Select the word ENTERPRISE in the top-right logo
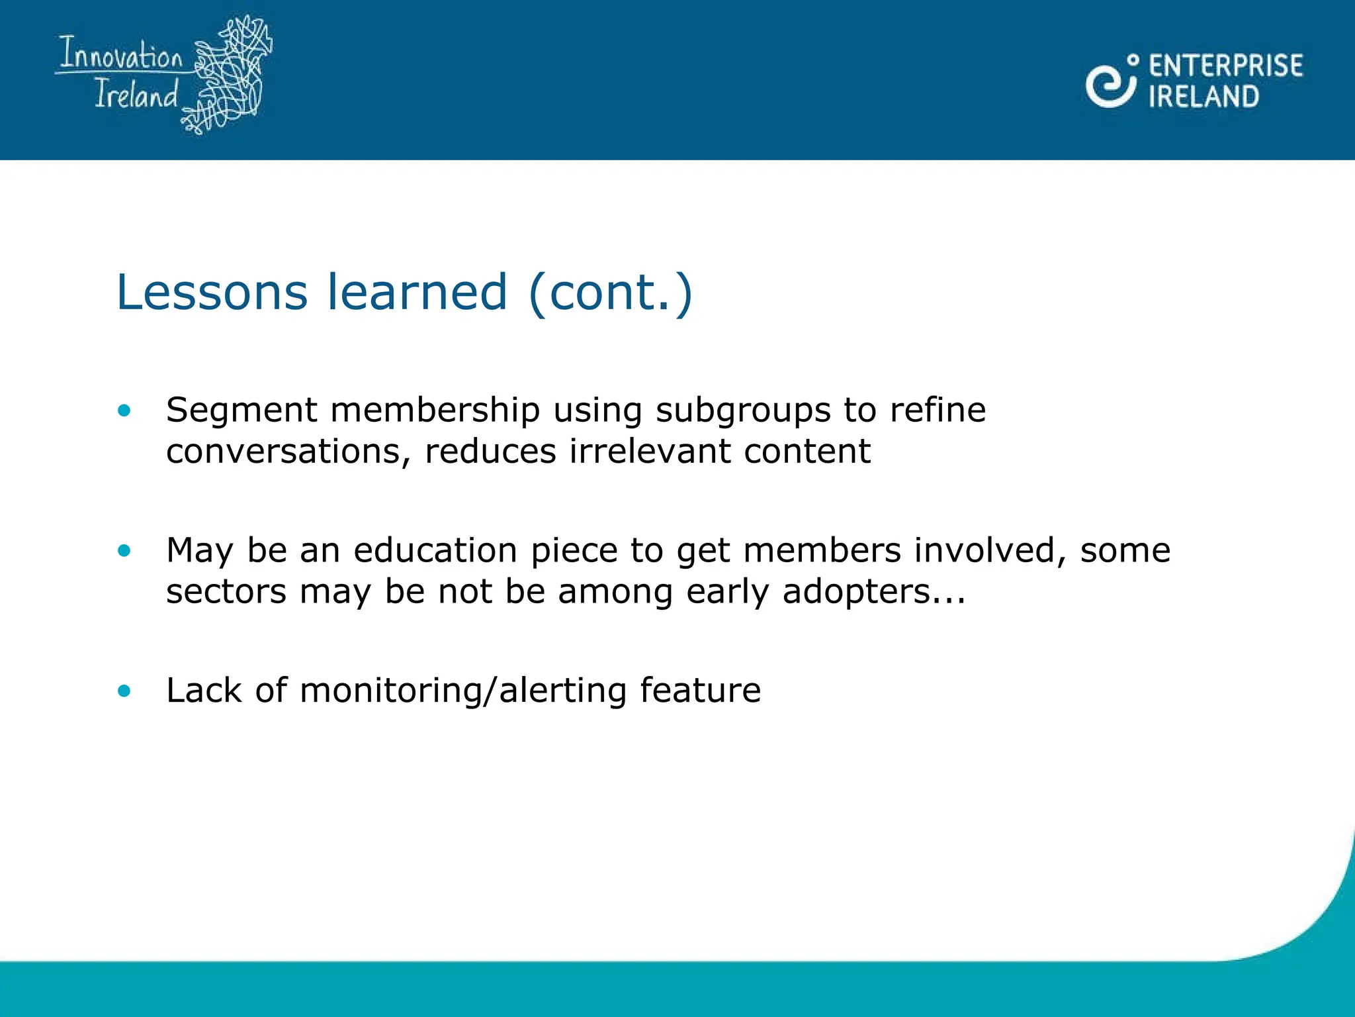coord(1225,66)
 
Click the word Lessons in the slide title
coord(212,292)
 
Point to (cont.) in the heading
coord(610,292)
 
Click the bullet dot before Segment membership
coord(124,411)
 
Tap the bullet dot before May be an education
coord(124,550)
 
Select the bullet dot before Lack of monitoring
coord(124,691)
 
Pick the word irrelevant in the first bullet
coord(650,452)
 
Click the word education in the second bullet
coord(435,550)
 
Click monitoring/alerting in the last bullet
coord(462,691)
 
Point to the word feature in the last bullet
coord(700,691)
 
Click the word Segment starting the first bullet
coord(241,411)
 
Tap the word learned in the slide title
coord(417,292)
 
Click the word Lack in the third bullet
coord(204,691)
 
